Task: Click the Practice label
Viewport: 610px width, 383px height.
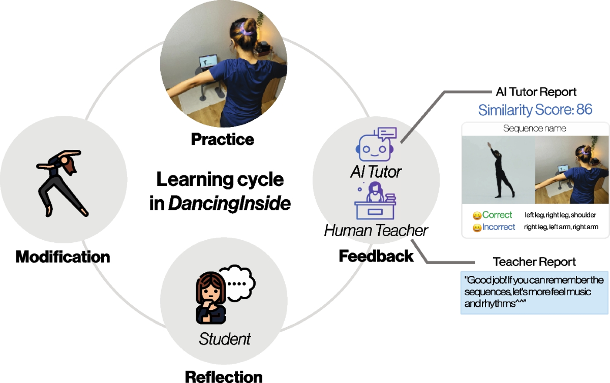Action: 222,139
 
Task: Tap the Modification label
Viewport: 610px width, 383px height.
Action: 63,257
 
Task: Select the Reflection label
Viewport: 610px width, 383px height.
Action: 224,376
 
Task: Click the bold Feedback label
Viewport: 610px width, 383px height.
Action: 376,256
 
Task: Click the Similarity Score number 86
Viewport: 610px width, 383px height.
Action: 584,109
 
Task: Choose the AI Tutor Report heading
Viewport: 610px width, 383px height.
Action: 536,92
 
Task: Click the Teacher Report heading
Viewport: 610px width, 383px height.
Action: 534,262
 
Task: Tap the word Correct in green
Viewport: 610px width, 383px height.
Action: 497,215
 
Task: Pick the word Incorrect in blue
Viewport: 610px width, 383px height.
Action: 499,227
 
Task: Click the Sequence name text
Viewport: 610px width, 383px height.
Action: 534,129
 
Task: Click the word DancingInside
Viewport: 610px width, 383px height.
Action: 229,203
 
